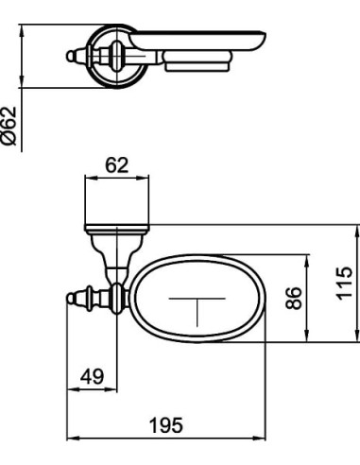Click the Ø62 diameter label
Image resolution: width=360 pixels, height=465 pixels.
(10, 125)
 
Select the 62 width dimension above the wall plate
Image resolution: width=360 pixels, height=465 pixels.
(116, 165)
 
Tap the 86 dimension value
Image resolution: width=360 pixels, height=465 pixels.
(293, 299)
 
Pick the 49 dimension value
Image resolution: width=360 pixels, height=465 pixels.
(91, 376)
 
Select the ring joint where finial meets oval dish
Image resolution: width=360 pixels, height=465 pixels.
(116, 298)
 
